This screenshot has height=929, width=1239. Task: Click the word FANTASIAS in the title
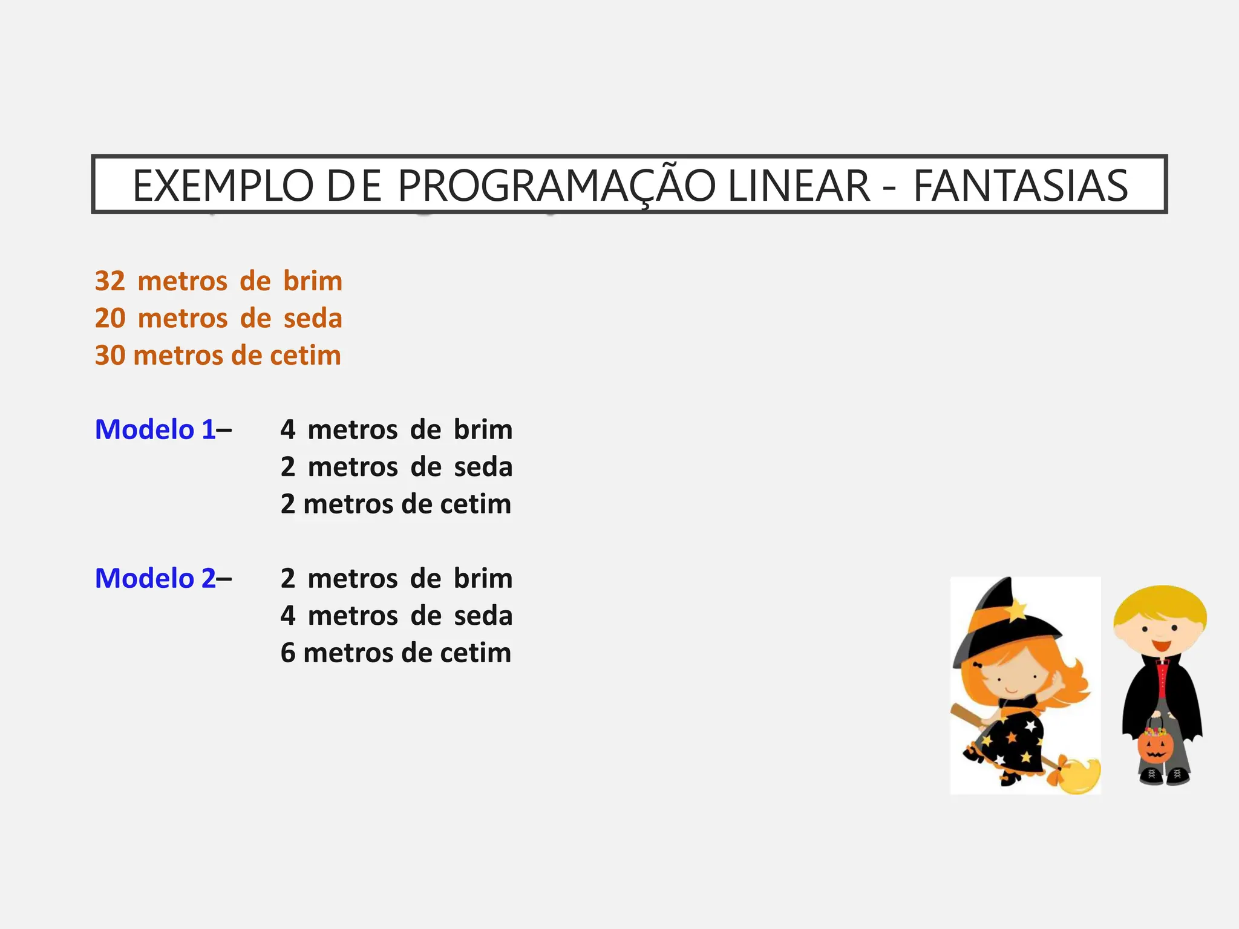(x=1020, y=186)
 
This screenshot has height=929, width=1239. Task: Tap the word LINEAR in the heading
(x=799, y=186)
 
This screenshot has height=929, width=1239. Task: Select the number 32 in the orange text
(x=110, y=281)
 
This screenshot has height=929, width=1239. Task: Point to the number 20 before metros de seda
(x=110, y=318)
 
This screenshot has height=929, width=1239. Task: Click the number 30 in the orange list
(x=110, y=356)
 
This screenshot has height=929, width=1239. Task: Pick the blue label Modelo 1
(x=155, y=429)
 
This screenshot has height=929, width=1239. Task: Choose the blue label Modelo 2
(x=155, y=578)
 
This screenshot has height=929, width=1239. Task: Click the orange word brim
(x=313, y=281)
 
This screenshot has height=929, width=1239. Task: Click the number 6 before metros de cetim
(x=288, y=653)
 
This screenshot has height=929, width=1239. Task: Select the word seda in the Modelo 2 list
(x=483, y=616)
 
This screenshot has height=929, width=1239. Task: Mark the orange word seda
(x=313, y=318)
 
